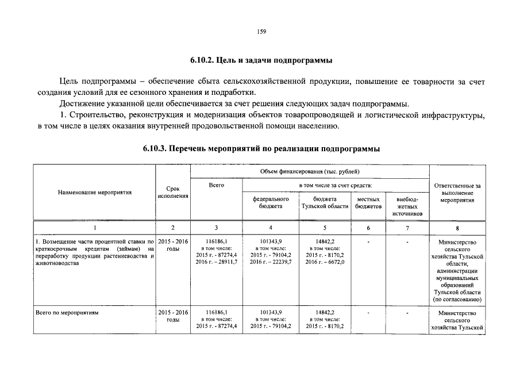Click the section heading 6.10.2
[x=261, y=60]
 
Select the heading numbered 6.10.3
[x=261, y=148]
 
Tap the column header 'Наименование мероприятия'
[x=95, y=192]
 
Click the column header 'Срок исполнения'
[x=172, y=192]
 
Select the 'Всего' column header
[x=216, y=185]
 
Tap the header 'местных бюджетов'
[x=368, y=202]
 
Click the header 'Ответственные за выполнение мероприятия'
[x=457, y=193]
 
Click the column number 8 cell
[x=457, y=228]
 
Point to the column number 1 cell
[x=95, y=228]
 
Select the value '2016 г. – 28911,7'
[x=216, y=262]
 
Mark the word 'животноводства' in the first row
[x=57, y=262]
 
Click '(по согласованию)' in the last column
[x=457, y=300]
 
